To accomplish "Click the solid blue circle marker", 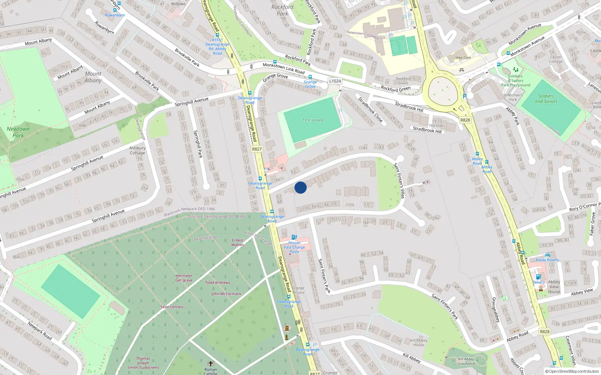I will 300,187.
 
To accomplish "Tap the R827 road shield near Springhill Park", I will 257,149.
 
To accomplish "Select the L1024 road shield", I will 335,81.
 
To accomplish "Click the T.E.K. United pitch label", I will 313,120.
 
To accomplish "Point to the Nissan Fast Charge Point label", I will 294,247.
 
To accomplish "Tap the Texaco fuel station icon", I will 538,277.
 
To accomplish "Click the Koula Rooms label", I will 547,260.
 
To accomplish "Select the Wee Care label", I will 463,58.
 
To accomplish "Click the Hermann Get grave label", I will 184,278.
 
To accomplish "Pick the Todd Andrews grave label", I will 217,283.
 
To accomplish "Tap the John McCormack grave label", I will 226,294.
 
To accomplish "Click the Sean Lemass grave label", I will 172,307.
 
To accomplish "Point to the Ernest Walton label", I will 237,243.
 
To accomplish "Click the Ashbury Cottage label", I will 137,150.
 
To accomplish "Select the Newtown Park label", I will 18,132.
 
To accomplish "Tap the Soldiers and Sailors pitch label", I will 546,99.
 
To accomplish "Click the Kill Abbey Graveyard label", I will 466,361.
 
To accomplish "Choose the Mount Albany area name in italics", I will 93,77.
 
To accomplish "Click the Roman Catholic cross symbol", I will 211,363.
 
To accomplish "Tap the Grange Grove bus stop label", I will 310,84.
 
